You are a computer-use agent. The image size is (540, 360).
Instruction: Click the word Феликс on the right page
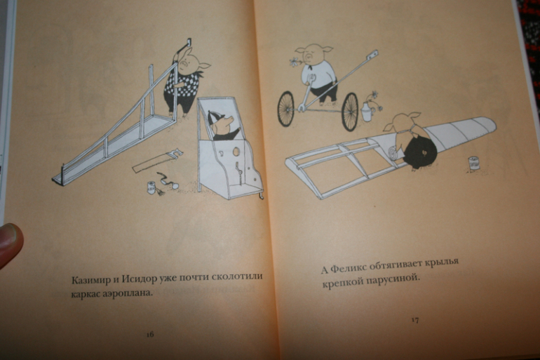click(x=347, y=267)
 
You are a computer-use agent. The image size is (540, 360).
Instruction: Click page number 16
click(x=150, y=334)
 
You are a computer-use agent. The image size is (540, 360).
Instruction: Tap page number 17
click(x=415, y=320)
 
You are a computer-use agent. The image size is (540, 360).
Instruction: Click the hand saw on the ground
click(x=157, y=160)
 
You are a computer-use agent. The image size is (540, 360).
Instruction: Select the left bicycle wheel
click(x=286, y=109)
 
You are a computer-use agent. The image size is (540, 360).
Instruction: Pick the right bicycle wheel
click(x=350, y=112)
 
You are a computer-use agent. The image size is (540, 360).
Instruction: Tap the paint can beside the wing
click(x=473, y=163)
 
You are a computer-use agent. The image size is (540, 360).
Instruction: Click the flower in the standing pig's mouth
click(x=295, y=62)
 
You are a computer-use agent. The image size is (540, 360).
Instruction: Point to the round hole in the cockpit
click(x=236, y=152)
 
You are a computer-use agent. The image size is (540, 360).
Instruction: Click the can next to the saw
click(x=151, y=188)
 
